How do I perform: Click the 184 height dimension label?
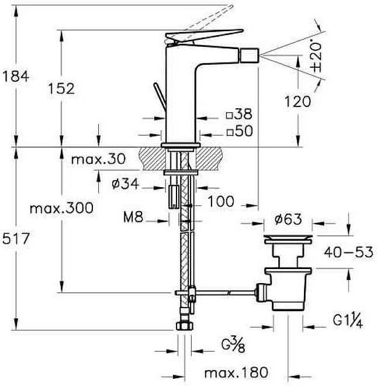[16, 76]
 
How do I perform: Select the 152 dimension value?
[61, 89]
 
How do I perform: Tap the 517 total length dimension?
[16, 239]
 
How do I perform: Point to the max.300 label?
[61, 208]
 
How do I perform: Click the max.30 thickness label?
[98, 159]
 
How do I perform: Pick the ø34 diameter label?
[125, 184]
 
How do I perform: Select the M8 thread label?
[133, 217]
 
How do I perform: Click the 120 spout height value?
[298, 101]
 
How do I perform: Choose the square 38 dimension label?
[239, 114]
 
